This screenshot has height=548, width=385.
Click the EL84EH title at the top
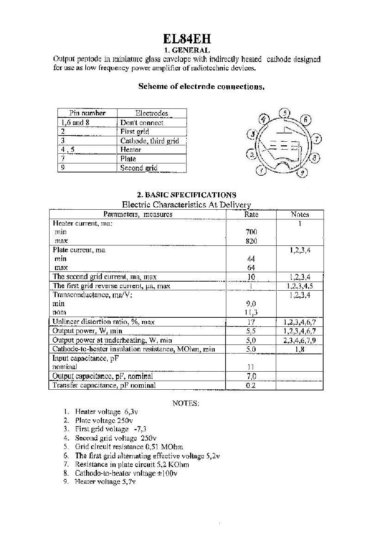(187, 39)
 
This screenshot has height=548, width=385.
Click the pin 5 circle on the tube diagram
(285, 114)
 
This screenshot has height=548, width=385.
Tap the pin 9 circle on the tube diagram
(303, 173)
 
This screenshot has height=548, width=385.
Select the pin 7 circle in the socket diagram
(317, 139)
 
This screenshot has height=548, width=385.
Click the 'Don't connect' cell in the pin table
(142, 123)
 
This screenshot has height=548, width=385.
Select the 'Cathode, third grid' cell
(149, 141)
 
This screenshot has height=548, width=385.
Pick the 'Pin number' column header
(87, 113)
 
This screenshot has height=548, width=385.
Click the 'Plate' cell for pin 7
(128, 159)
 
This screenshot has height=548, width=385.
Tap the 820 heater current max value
(251, 241)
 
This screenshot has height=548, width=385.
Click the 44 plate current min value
(251, 259)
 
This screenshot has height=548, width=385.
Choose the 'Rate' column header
(251, 214)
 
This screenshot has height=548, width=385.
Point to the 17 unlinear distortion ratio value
(251, 322)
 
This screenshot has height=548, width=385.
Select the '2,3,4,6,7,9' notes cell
(300, 340)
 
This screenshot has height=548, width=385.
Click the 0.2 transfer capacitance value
(251, 385)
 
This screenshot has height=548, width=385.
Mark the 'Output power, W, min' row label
(87, 331)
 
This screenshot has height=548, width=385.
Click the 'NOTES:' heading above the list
(185, 403)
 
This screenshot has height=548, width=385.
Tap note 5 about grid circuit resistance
(129, 447)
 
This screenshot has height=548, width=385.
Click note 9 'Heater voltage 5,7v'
(105, 481)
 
